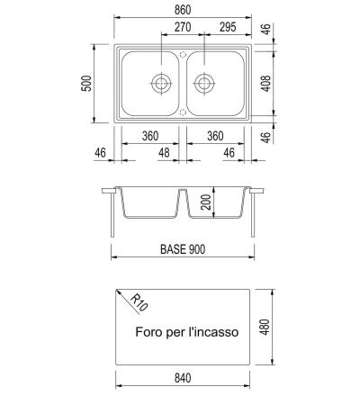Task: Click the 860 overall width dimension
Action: [x=183, y=10]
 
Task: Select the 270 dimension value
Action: [x=183, y=27]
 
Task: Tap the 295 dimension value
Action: [x=228, y=27]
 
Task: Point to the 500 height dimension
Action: [x=86, y=84]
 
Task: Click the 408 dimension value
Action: [x=265, y=84]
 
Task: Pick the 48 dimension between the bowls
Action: [x=164, y=153]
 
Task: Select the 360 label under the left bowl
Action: [x=150, y=136]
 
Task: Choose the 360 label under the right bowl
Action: [x=215, y=136]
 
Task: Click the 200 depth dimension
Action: [x=206, y=202]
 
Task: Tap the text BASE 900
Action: [x=183, y=249]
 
